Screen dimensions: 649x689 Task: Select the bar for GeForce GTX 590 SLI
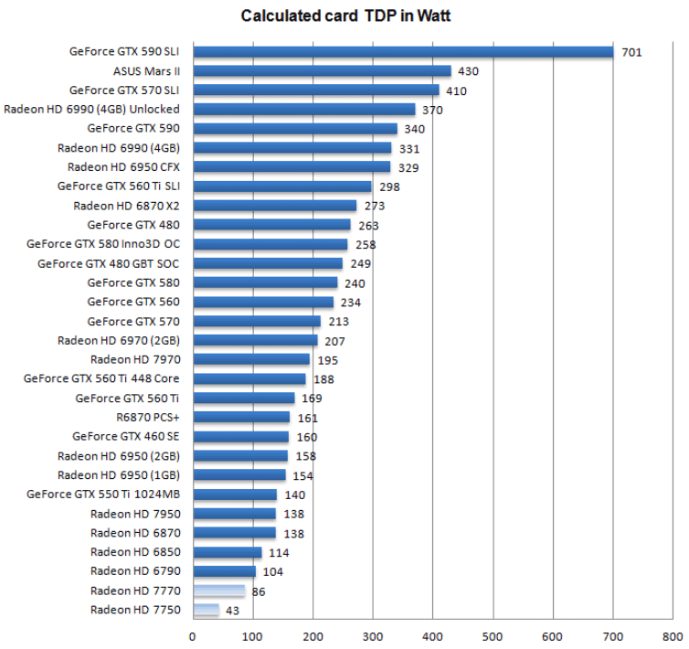click(x=402, y=52)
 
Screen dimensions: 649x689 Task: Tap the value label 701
click(x=631, y=52)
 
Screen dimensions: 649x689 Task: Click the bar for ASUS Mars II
click(x=322, y=71)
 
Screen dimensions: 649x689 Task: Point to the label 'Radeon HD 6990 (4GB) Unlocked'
click(x=94, y=110)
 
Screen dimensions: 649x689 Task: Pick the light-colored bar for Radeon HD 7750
click(x=206, y=611)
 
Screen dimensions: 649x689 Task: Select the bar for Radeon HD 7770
click(x=218, y=591)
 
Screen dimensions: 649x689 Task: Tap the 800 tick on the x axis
click(x=673, y=635)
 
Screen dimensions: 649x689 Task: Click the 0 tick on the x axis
click(x=192, y=635)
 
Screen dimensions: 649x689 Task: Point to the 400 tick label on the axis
click(x=432, y=635)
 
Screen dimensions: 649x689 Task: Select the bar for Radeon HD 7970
click(x=251, y=360)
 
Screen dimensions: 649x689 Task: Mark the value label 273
click(x=374, y=207)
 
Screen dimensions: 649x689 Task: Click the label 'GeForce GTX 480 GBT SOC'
click(x=109, y=264)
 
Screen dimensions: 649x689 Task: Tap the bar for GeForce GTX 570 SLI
click(x=315, y=90)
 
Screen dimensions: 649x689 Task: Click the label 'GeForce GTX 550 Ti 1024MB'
click(x=103, y=495)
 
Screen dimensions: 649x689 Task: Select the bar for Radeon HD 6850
click(x=227, y=553)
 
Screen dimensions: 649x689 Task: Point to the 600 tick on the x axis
click(x=553, y=635)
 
